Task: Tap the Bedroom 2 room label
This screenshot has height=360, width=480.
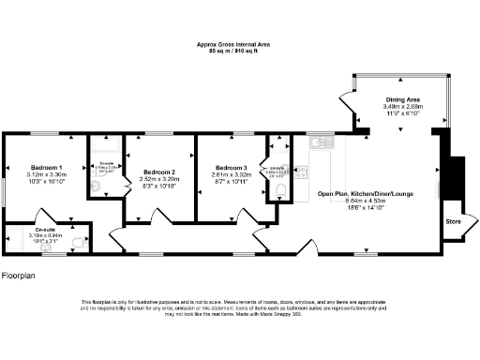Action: pos(160,172)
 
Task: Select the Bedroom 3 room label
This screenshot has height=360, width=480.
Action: pos(231,167)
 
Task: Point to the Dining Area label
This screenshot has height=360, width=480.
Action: pos(402,100)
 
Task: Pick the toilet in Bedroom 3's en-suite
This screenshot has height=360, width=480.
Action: pos(282,194)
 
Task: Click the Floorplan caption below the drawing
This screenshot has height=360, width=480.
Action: pos(19,276)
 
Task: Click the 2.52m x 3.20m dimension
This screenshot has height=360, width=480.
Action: pos(160,179)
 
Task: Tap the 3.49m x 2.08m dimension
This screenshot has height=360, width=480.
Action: pos(402,107)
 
